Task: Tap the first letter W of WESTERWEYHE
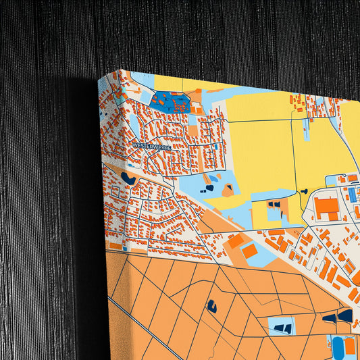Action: tap(135, 145)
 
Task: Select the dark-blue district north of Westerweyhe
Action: tap(171, 103)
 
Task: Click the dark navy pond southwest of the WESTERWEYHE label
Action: tap(128, 178)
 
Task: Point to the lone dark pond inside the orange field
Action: tap(211, 305)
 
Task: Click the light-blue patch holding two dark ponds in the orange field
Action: tap(282, 328)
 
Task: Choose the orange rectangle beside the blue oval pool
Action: tap(351, 346)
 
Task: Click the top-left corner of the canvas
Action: tap(99, 76)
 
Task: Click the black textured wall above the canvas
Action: tap(203, 34)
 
